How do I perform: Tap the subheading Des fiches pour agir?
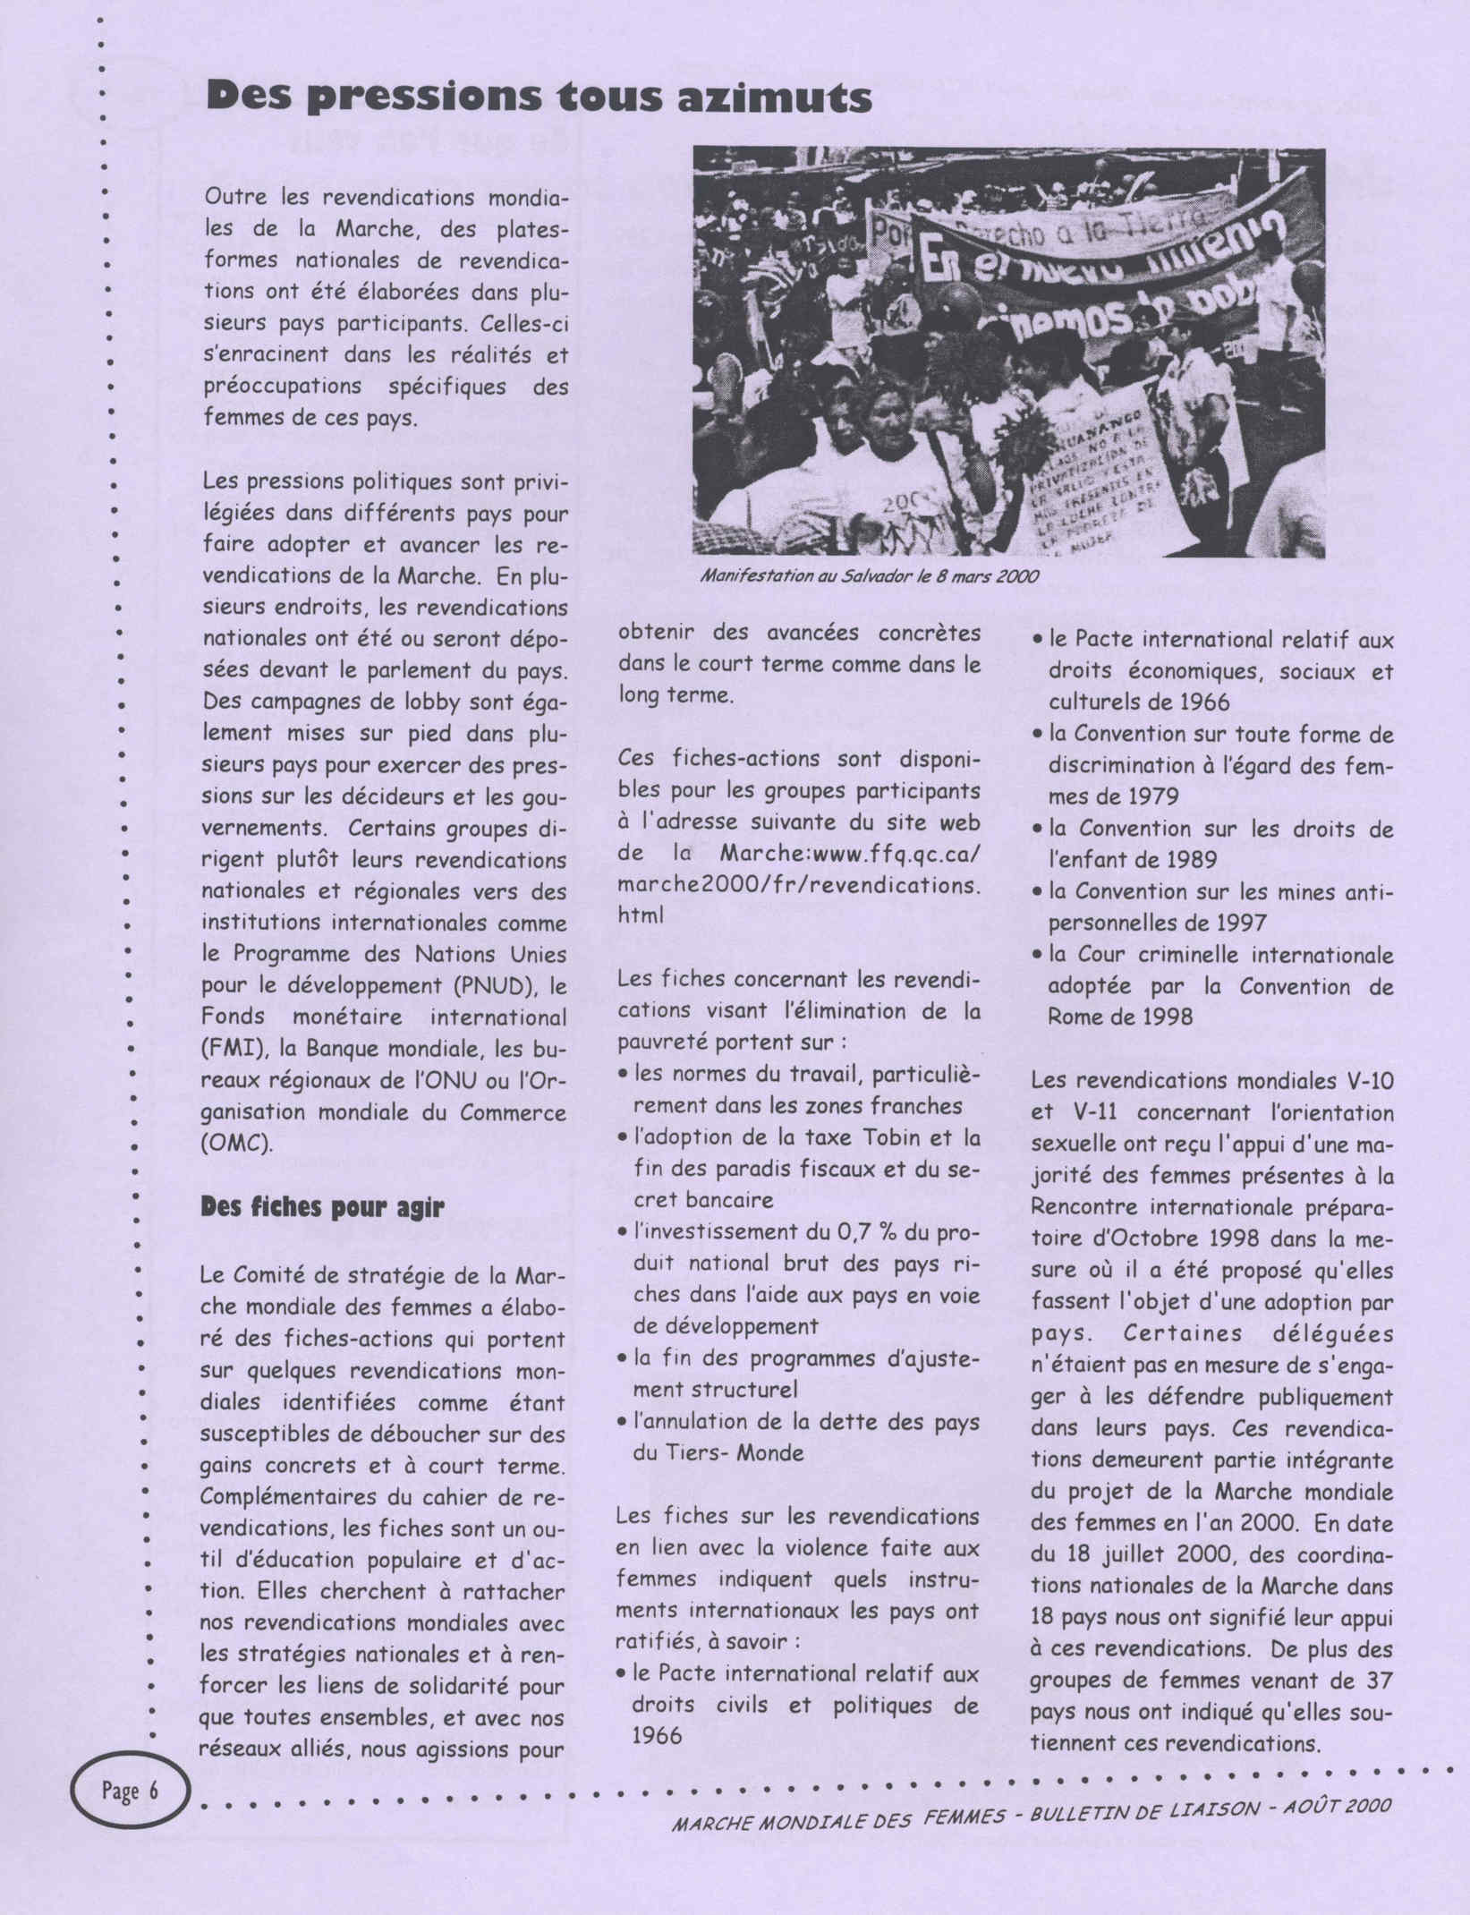point(323,1208)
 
